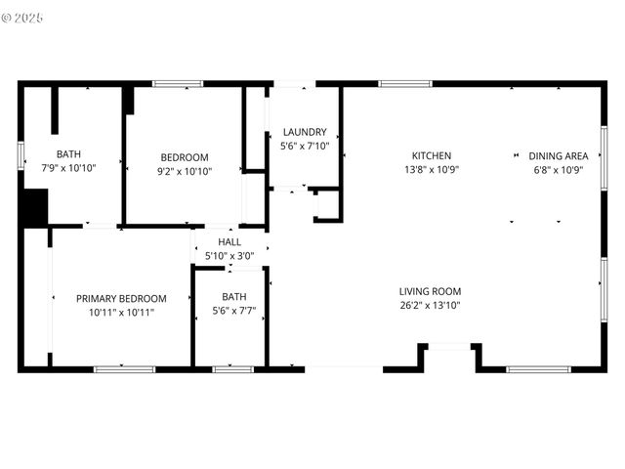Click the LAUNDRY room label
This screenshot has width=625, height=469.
pos(305,132)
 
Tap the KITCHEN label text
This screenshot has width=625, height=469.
pos(431,155)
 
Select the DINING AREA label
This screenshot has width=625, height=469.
pos(558,155)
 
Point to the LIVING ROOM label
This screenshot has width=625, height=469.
pos(430,291)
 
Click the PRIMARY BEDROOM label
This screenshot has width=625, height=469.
pos(121,299)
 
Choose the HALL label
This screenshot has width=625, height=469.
pos(229,242)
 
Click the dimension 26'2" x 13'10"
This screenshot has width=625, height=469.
pos(430,306)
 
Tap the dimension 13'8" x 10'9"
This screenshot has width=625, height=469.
pos(431,169)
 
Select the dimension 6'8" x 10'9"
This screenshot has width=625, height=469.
pos(558,169)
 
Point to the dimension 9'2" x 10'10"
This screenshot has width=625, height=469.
pos(185,171)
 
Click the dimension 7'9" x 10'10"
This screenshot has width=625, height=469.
pos(68,168)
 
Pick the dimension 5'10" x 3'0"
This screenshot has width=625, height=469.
pos(229,256)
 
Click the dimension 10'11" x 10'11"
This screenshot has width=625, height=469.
pos(121,313)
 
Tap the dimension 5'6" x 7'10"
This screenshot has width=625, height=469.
pos(305,146)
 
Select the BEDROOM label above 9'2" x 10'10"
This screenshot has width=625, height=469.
pos(185,157)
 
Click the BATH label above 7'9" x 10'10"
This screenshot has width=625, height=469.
pos(68,154)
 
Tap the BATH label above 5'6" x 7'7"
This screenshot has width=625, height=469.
pos(234,297)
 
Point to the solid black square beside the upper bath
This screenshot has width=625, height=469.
pos(34,208)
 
